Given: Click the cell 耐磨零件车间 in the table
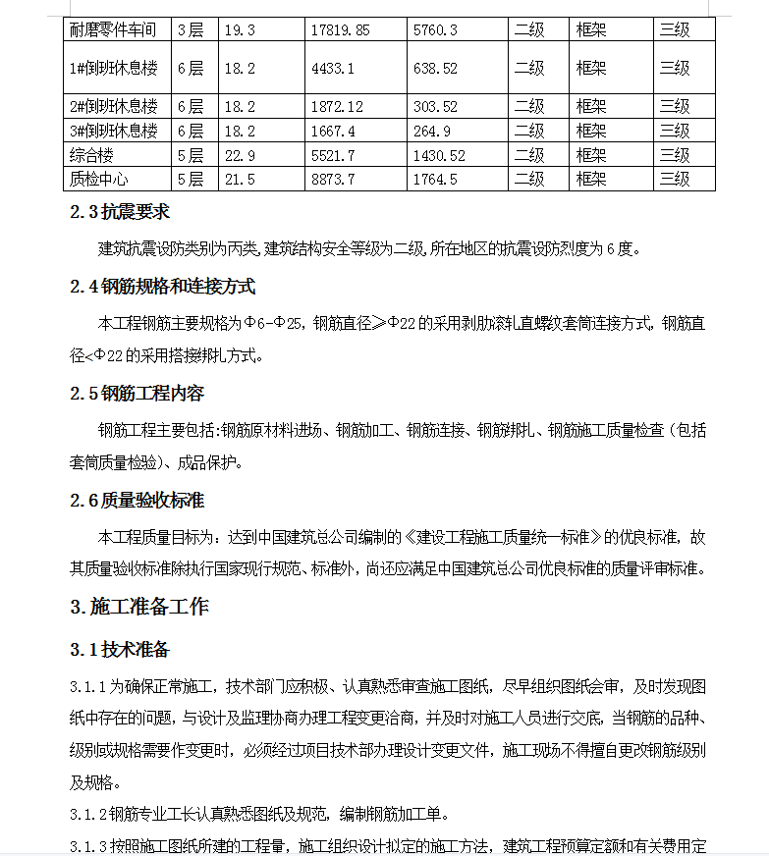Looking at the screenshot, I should (x=113, y=29).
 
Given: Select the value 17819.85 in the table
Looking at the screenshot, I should (x=340, y=29).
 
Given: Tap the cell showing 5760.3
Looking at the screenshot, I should (x=435, y=29).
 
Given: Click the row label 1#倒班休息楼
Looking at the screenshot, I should (x=113, y=69).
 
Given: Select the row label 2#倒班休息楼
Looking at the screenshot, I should (x=113, y=107).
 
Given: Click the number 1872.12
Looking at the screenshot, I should (x=337, y=107).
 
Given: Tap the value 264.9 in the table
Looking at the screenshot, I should (x=432, y=131).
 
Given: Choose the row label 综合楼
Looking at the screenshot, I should (x=91, y=155).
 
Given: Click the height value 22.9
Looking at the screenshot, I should (x=240, y=155).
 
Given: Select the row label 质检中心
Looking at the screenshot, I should (x=98, y=179).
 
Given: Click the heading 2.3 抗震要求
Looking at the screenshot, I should (x=127, y=213).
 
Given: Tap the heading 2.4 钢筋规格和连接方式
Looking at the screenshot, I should (x=162, y=287).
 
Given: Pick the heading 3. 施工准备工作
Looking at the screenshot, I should (x=138, y=607).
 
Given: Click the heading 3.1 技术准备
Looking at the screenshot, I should (x=119, y=650).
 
